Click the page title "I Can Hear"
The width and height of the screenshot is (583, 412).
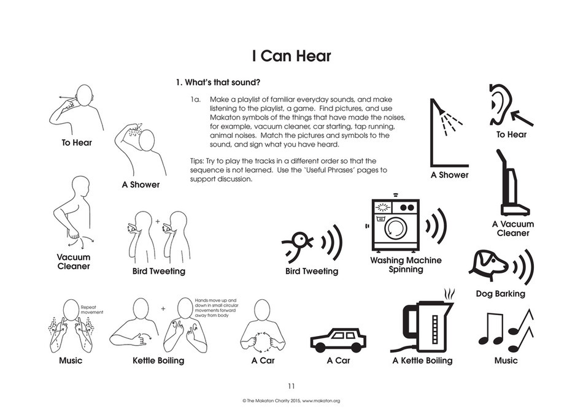click(291, 56)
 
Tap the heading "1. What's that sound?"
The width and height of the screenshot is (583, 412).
click(218, 82)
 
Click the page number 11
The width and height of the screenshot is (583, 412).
click(291, 386)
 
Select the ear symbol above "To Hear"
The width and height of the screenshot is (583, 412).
click(500, 105)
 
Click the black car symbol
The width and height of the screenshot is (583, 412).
click(338, 340)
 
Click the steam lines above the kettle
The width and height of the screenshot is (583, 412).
click(449, 295)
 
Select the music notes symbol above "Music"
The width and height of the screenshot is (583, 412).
click(506, 330)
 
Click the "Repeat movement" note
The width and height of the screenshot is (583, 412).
click(92, 310)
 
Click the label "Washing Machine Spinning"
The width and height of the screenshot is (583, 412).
click(406, 265)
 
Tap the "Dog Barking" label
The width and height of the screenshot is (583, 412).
click(500, 294)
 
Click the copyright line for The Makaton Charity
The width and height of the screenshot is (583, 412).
click(291, 401)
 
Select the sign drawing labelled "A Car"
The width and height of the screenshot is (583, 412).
click(263, 327)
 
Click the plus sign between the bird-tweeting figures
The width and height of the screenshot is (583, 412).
click(157, 221)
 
